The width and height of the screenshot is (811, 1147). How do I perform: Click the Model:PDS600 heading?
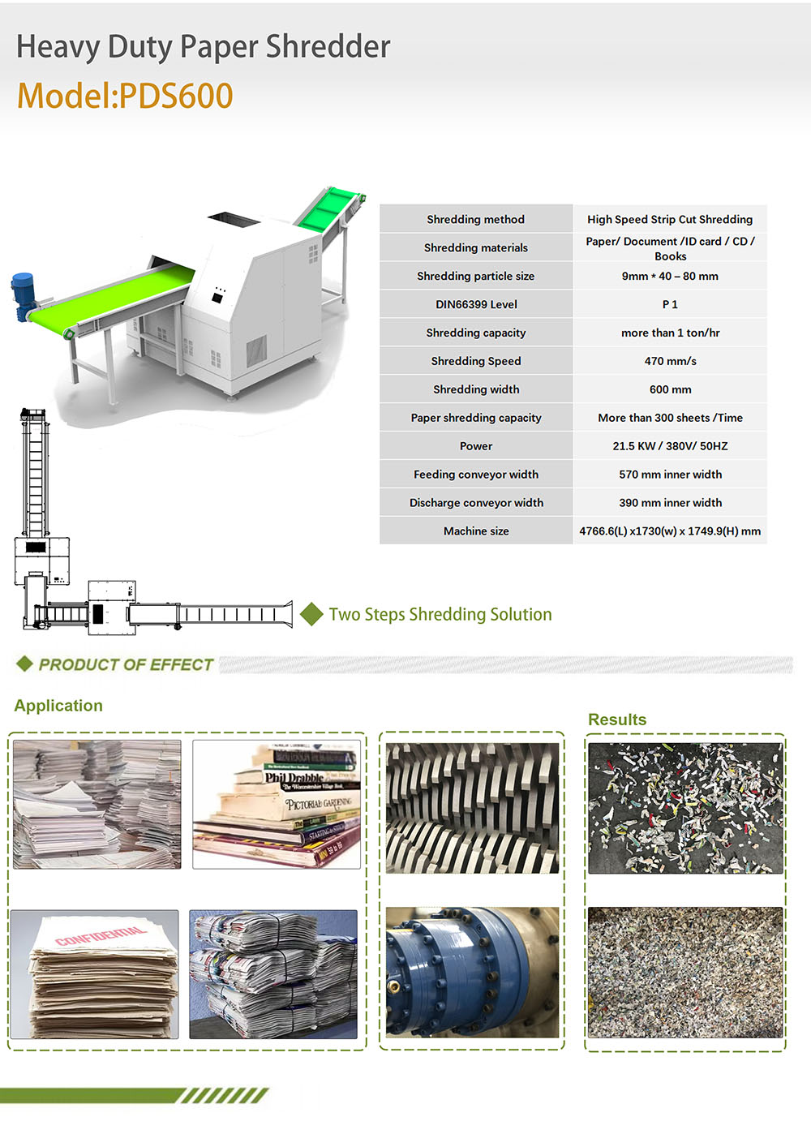tap(125, 96)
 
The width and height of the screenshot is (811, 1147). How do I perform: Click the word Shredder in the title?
tap(328, 46)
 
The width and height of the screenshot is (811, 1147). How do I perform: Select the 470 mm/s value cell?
tap(670, 361)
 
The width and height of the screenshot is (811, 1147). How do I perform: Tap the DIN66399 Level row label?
tap(476, 304)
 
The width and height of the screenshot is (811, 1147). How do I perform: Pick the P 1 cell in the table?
tap(670, 304)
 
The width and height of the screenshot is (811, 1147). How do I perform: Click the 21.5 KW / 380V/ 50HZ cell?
tap(670, 446)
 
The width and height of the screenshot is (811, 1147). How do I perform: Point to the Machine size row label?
tap(476, 531)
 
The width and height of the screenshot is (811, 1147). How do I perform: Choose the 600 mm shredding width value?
tap(670, 389)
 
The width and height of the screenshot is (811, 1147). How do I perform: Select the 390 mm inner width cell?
tap(670, 503)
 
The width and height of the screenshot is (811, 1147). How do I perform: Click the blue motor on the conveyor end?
tap(22, 297)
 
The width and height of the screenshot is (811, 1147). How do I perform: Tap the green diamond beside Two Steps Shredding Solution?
tap(311, 614)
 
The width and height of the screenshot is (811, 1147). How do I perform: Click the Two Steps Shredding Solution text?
tap(440, 614)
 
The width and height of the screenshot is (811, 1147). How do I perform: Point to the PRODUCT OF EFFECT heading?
tap(126, 664)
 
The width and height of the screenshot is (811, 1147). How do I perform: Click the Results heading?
tap(617, 720)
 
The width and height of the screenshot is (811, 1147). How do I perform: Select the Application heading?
tap(58, 706)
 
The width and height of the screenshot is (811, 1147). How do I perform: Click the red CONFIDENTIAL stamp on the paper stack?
tap(101, 937)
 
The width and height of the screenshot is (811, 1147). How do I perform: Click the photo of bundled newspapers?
tap(273, 974)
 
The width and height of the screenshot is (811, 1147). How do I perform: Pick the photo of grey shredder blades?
tap(472, 808)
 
